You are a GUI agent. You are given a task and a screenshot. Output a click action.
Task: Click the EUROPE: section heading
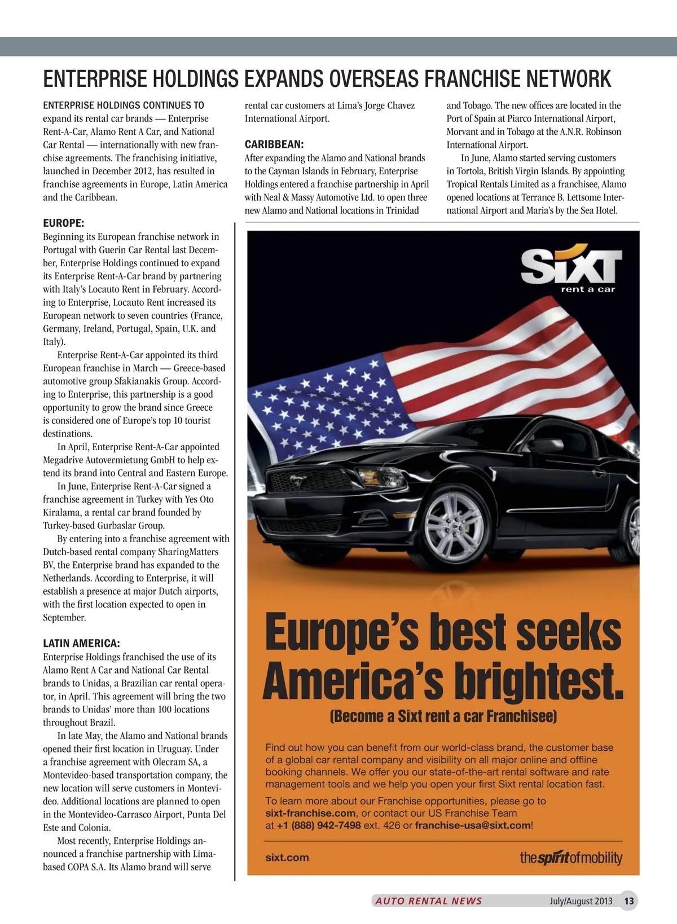(64, 223)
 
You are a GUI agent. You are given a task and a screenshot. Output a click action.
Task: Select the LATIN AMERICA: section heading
(81, 644)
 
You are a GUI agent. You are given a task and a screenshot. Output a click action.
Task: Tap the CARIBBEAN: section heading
(274, 144)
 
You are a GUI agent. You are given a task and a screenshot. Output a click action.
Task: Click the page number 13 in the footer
(629, 901)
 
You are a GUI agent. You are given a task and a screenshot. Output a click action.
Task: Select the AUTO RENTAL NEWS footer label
(429, 901)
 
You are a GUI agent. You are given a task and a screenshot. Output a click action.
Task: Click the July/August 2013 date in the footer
(581, 901)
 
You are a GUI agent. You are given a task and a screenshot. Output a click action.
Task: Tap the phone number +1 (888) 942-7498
(319, 825)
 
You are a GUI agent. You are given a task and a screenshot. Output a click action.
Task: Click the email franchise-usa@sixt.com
(472, 825)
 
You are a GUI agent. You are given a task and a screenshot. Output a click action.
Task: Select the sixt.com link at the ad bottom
(287, 857)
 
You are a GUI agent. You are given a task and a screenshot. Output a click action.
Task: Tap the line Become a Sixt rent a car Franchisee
(443, 716)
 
